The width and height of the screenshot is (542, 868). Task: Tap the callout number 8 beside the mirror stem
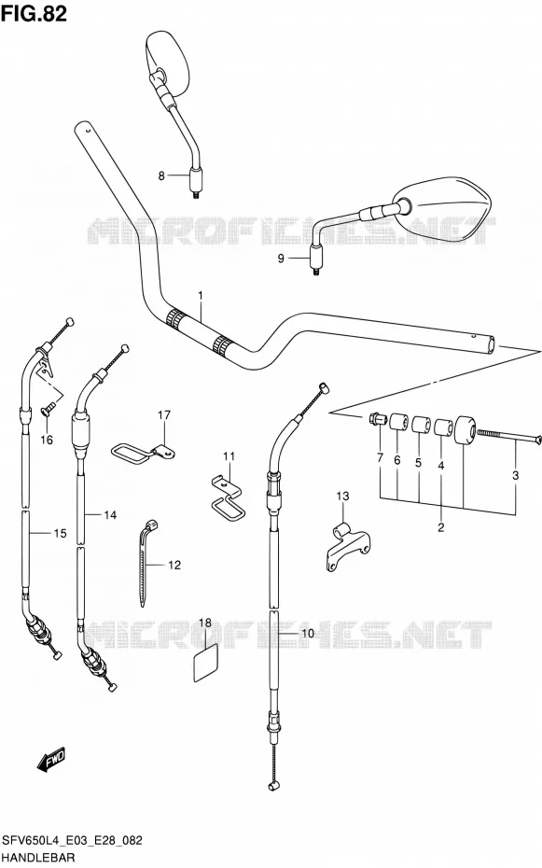[161, 176]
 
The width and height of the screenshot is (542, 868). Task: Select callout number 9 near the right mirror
[281, 259]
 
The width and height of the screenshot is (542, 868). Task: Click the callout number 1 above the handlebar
[201, 296]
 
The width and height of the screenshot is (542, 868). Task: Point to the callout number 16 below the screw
[47, 440]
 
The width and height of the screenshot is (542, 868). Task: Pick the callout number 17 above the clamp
[164, 414]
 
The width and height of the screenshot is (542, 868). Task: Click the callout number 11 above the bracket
[229, 456]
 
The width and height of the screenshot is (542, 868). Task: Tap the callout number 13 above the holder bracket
[343, 496]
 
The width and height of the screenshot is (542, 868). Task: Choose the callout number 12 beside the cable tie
[174, 566]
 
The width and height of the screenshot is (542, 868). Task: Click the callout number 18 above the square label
[205, 623]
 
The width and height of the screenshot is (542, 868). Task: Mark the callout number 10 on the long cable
[308, 634]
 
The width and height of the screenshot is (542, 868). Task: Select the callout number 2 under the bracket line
[441, 527]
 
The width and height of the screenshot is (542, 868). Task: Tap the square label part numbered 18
[204, 663]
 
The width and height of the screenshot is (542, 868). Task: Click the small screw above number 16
[48, 410]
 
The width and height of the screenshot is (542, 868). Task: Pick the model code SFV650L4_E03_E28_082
[72, 841]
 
